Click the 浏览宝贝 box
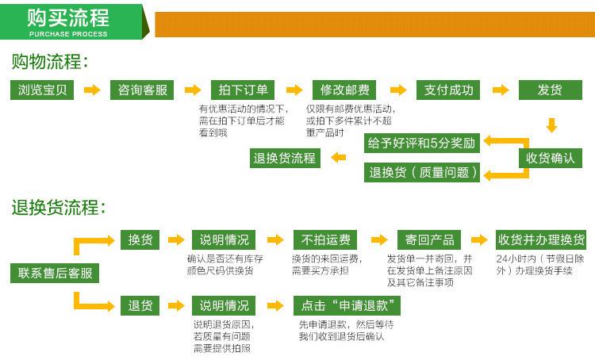(x=42, y=90)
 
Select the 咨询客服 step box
(x=142, y=90)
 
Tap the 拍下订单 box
(x=243, y=90)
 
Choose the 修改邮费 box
(x=344, y=90)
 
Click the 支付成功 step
(x=448, y=90)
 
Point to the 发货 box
(x=551, y=90)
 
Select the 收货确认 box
(x=551, y=158)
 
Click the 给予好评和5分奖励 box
(x=422, y=143)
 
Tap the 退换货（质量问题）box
(x=422, y=173)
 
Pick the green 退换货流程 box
(x=285, y=158)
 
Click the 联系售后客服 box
(x=55, y=273)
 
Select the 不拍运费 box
(x=325, y=239)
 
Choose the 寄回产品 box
(x=429, y=239)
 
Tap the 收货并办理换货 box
(x=541, y=239)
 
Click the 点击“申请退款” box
(x=347, y=305)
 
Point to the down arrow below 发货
(x=551, y=125)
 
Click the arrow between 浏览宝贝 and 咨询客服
(x=92, y=90)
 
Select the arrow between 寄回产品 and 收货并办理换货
(x=479, y=239)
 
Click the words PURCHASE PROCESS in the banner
(x=68, y=34)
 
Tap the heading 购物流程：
(x=50, y=62)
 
